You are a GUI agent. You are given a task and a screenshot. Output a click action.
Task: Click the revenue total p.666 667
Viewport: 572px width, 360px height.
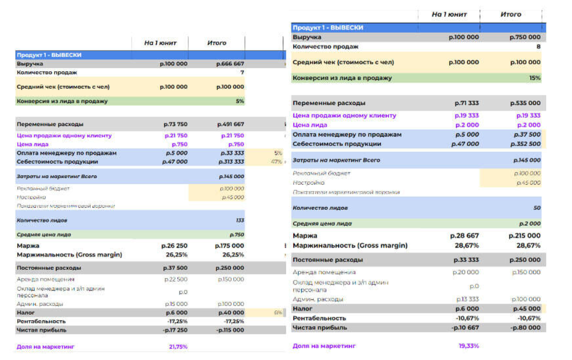point(230,64)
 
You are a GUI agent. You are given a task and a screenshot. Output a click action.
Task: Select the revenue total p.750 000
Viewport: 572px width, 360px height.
point(525,37)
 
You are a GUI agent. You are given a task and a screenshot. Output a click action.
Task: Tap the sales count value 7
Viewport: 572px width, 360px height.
point(242,73)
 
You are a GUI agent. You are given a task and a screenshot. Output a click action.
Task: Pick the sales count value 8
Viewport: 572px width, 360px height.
point(538,47)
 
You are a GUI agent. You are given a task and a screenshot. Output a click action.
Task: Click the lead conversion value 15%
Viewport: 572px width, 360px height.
point(535,78)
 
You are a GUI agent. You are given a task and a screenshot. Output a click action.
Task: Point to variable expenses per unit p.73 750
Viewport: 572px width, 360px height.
point(175,124)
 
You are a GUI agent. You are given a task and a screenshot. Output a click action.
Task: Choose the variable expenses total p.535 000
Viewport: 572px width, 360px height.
point(525,103)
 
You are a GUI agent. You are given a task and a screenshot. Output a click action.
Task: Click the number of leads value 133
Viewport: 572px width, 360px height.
point(240,220)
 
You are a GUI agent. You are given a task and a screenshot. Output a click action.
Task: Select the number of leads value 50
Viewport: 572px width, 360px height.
point(537,208)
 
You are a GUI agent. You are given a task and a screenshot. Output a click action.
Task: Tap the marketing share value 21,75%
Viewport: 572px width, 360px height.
point(178,347)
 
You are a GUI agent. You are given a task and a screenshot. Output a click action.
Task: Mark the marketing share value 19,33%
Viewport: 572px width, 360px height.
point(469,346)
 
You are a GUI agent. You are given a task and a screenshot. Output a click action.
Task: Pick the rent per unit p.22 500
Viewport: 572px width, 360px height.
point(176,279)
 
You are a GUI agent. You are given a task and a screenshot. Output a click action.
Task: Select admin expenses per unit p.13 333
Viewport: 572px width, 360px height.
point(467,299)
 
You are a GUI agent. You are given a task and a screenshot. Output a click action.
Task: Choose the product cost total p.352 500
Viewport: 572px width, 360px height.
point(526,144)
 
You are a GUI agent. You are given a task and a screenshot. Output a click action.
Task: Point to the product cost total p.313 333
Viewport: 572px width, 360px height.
point(232,162)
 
